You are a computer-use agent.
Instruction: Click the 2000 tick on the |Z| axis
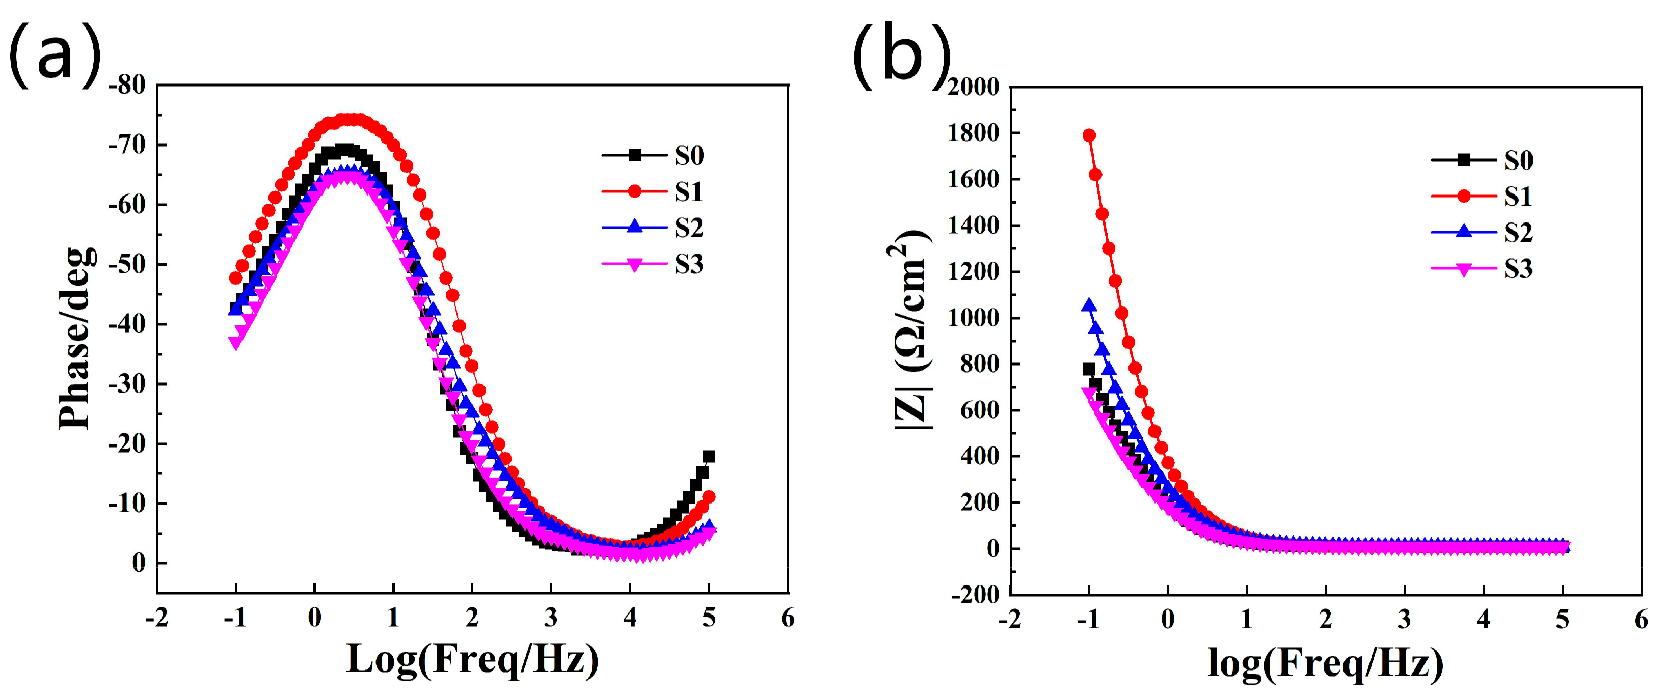[x=973, y=87]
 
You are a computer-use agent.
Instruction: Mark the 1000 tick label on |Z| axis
[x=973, y=318]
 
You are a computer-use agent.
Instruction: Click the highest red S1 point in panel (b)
[x=1089, y=135]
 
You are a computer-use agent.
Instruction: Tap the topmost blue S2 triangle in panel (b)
[x=1089, y=305]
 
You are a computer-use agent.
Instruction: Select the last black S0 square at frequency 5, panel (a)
[x=709, y=456]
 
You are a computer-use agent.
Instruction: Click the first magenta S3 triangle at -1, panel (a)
[x=235, y=343]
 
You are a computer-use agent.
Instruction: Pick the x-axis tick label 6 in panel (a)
[x=788, y=619]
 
